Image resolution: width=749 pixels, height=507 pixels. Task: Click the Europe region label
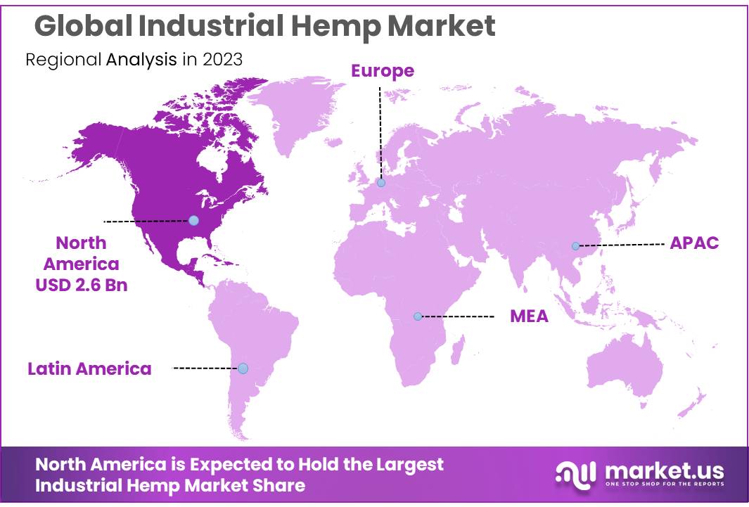pyautogui.click(x=383, y=70)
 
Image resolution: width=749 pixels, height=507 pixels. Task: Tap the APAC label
pyautogui.click(x=694, y=243)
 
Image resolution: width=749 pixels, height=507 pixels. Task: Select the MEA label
pyautogui.click(x=529, y=316)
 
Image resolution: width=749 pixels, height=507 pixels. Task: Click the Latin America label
pyautogui.click(x=89, y=368)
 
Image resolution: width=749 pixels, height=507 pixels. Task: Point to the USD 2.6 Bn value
pyautogui.click(x=82, y=286)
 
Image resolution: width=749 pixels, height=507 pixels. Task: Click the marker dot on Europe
pyautogui.click(x=381, y=183)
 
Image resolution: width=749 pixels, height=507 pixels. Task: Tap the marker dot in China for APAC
pyautogui.click(x=575, y=246)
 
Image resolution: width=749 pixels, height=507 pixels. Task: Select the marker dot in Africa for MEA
pyautogui.click(x=418, y=316)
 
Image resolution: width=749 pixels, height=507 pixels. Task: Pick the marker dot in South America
pyautogui.click(x=243, y=368)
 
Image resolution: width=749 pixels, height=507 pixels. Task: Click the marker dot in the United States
pyautogui.click(x=193, y=220)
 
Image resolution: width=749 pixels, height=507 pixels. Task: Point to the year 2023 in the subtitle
pyautogui.click(x=222, y=59)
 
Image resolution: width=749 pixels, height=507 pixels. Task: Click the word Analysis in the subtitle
pyautogui.click(x=141, y=59)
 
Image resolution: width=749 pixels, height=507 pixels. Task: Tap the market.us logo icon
pyautogui.click(x=575, y=473)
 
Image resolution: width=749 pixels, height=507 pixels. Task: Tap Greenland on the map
pyautogui.click(x=295, y=113)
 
